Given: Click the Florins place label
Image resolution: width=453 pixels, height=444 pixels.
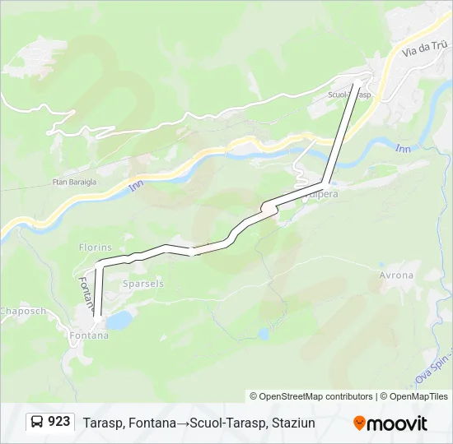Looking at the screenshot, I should (x=95, y=247).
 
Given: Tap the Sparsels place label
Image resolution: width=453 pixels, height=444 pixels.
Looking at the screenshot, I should (x=142, y=283).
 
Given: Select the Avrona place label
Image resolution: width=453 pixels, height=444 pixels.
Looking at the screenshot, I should (x=396, y=275).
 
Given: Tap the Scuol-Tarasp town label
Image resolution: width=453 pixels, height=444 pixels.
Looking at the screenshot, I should (x=350, y=95).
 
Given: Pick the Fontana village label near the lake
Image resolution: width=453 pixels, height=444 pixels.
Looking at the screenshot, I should (x=89, y=335).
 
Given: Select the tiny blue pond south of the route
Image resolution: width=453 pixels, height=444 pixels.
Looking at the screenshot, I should (x=263, y=334).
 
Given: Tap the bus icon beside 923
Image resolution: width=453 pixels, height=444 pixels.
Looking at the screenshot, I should (x=38, y=423).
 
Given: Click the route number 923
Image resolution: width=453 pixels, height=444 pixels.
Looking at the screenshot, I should (x=59, y=423).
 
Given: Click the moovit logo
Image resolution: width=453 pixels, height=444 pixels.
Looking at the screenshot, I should (x=390, y=423).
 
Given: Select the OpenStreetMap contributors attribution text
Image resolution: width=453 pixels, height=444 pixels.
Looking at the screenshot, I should (x=311, y=396).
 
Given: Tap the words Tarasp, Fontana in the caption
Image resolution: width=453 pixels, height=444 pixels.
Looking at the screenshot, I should (x=123, y=423).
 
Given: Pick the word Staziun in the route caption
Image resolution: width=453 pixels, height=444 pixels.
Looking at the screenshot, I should (x=292, y=423).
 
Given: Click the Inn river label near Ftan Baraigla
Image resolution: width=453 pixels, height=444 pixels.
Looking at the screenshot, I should (x=135, y=187).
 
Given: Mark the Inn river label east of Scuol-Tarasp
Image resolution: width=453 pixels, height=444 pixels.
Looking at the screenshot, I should (x=403, y=148).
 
